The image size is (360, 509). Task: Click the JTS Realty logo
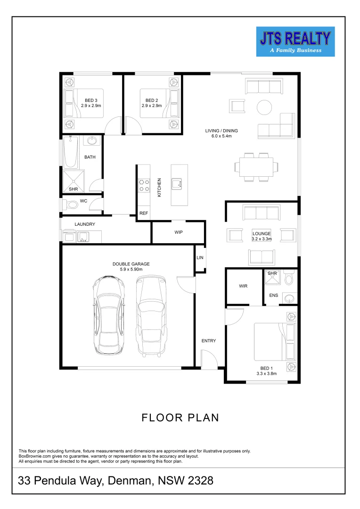295,41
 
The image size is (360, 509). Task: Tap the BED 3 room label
91,103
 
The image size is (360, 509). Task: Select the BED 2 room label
151,103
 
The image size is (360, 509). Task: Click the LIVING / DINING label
221,133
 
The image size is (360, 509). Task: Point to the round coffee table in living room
264,107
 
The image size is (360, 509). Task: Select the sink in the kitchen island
178,183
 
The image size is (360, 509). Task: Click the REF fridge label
144,213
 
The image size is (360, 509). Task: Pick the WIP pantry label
178,232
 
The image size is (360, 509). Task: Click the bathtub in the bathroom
71,152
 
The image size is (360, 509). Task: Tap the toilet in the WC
71,205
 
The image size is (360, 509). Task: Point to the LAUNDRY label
85,224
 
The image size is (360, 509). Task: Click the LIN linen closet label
200,258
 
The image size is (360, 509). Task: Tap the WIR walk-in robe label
243,286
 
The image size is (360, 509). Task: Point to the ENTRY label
209,341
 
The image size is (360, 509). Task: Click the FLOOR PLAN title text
180,418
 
